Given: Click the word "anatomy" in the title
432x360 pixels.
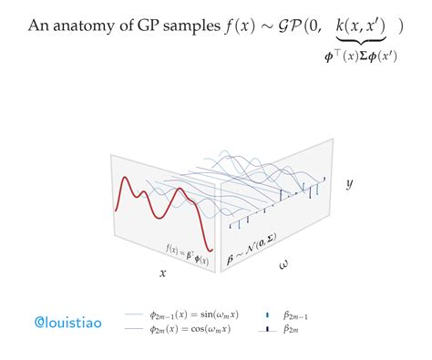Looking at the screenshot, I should (x=94, y=26).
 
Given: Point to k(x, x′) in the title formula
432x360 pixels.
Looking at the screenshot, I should (x=361, y=26).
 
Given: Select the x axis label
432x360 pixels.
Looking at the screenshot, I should (x=163, y=272).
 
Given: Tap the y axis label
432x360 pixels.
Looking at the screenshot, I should (x=349, y=184).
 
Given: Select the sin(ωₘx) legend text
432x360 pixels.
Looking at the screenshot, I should (x=195, y=314).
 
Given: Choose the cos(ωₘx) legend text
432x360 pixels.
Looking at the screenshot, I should (x=193, y=329).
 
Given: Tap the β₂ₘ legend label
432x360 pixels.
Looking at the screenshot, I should (x=293, y=329).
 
